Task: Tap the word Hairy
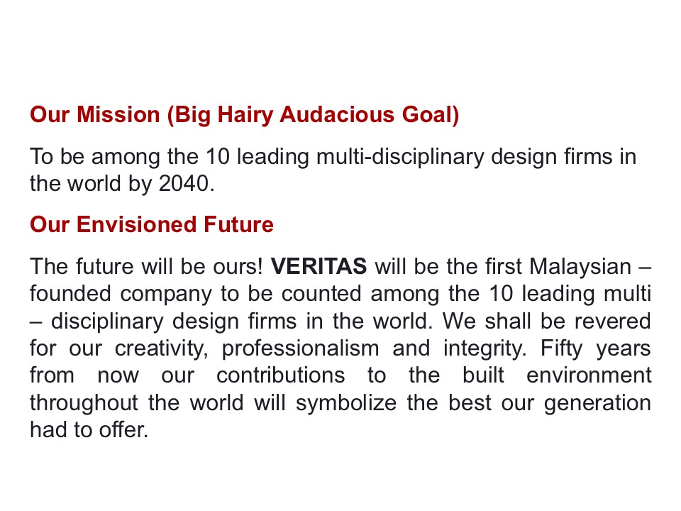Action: pyautogui.click(x=242, y=114)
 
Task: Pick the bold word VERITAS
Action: pyautogui.click(x=319, y=267)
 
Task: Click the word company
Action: pyautogui.click(x=168, y=294)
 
